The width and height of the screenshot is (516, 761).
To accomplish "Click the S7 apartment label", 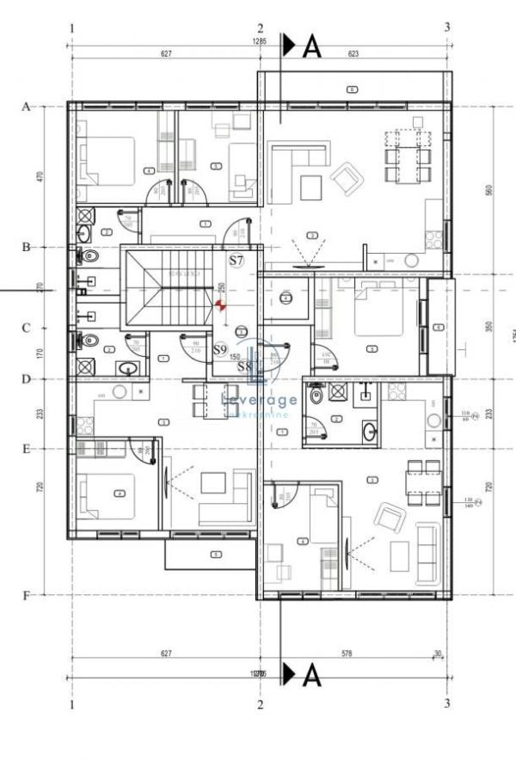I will click(236, 259).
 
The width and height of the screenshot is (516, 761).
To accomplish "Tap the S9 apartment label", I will click(220, 350).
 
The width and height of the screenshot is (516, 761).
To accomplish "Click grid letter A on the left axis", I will click(26, 107).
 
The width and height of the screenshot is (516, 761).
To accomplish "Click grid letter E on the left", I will click(26, 448).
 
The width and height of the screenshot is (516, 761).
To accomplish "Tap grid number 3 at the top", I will click(446, 28).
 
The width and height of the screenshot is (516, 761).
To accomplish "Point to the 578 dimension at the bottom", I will click(347, 654).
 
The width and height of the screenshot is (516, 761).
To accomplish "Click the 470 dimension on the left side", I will click(40, 176).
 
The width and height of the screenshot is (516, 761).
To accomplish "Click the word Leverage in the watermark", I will click(259, 399).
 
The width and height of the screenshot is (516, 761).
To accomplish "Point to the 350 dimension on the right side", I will click(488, 327).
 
